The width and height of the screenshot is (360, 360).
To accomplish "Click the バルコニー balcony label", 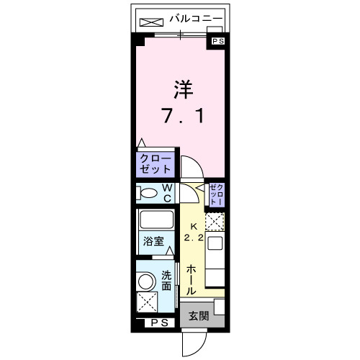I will (x=196, y=19).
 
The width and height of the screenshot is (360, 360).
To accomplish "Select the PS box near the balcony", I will (x=217, y=42).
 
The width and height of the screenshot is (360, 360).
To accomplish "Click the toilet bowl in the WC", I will (x=148, y=193).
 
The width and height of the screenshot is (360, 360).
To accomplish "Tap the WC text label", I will (x=166, y=193).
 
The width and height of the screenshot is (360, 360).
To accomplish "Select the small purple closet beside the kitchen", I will (x=217, y=195).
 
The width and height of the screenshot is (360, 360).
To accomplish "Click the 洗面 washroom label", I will (x=167, y=280).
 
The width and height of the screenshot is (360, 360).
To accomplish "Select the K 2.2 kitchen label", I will (x=191, y=231).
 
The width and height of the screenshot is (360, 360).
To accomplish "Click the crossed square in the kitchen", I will (x=215, y=222).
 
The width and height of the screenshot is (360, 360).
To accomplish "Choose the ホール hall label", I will (x=191, y=279).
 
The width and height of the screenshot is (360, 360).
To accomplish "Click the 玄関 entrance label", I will (x=199, y=315).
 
